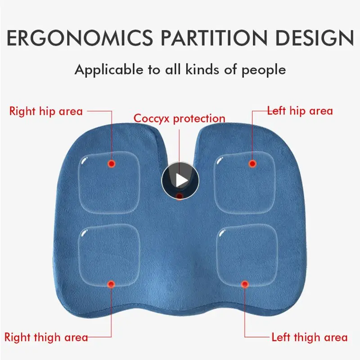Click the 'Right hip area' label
46,111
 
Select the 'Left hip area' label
300,110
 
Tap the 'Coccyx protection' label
180,119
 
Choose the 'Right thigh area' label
46,337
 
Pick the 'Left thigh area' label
309,337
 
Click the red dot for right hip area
111,164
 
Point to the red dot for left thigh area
245,284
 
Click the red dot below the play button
180,197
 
